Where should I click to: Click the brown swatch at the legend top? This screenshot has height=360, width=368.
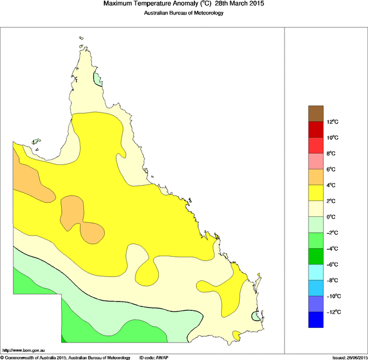[316, 113]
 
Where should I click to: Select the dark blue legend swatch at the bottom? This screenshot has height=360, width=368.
[316, 320]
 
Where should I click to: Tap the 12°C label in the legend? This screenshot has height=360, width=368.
[334, 122]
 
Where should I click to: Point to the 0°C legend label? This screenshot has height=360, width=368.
[332, 217]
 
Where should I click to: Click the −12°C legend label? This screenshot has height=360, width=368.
[334, 312]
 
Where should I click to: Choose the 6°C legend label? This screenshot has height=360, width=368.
[332, 169]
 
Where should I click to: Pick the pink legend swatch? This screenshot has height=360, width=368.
[316, 161]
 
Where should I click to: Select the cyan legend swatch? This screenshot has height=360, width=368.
[316, 272]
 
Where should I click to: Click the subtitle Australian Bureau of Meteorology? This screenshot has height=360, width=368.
[183, 13]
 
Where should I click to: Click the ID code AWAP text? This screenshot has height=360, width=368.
[154, 357]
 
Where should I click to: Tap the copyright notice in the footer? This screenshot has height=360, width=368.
[66, 357]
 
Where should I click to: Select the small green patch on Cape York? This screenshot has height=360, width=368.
[98, 80]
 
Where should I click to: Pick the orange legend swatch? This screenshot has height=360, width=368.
[316, 177]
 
